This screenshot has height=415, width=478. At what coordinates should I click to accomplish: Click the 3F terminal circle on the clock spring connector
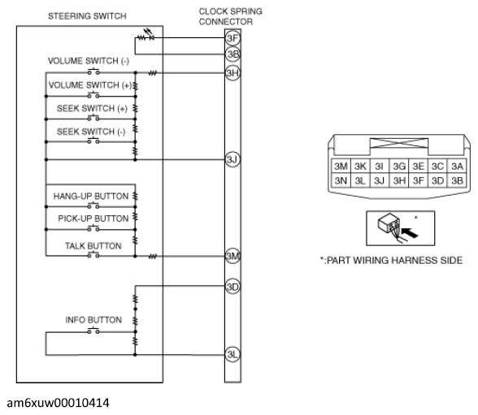coord(232,38)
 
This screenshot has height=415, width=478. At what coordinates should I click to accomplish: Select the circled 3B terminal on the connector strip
coord(232,54)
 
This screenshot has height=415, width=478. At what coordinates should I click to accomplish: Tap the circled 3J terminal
coord(232,159)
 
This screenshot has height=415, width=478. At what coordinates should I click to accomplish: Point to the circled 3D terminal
coord(232,287)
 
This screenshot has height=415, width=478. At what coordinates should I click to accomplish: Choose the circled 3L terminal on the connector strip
coord(232,354)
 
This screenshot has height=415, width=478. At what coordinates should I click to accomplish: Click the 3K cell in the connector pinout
coord(360,166)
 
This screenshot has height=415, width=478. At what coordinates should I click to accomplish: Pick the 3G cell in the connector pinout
coord(398,166)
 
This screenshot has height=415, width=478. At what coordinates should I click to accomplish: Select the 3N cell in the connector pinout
coord(341,180)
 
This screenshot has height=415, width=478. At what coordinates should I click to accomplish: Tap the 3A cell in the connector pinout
coord(457,166)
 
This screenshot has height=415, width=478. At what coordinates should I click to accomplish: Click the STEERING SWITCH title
coord(87,16)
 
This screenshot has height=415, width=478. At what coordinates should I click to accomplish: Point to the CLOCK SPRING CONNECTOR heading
coord(230,16)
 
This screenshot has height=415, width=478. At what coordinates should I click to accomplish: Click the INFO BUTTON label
coord(93,320)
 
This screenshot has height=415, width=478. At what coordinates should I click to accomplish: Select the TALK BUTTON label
coord(93,246)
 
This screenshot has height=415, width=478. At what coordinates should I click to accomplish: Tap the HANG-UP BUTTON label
coord(91,196)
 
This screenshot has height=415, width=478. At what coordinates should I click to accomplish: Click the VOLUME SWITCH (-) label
coord(89,61)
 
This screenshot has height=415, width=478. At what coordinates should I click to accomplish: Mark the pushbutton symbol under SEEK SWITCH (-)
coord(93,141)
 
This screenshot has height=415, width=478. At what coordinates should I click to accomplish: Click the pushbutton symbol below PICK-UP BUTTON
coord(93,229)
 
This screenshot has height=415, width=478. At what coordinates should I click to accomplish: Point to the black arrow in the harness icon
coord(410,233)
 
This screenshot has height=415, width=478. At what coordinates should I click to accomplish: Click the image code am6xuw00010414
coord(58,403)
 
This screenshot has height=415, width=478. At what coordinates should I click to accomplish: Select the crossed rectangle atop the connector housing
coord(398,143)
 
